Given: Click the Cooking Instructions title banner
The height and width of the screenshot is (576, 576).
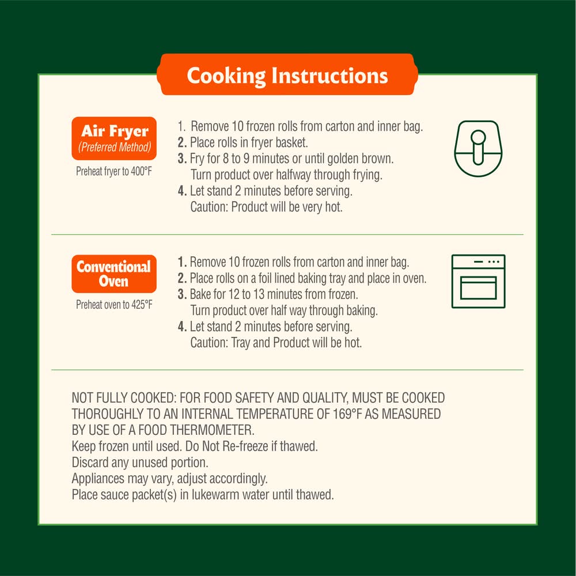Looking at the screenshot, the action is tap(287, 74).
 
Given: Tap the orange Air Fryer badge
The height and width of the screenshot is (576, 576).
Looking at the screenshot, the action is tap(114, 138).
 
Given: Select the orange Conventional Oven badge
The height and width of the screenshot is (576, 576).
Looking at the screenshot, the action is tap(114, 274).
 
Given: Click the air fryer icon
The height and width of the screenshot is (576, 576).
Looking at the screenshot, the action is tap(478, 149).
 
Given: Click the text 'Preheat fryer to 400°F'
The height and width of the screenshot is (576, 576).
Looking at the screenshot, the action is tap(114, 171).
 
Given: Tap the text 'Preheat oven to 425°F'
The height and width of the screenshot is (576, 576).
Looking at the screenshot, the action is tap(114, 305).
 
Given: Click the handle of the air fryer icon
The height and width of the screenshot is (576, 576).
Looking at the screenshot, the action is tap(478, 147).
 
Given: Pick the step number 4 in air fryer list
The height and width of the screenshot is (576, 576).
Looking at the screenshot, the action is tap(182, 191).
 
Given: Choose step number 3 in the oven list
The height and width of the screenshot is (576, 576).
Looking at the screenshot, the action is tap(182, 294).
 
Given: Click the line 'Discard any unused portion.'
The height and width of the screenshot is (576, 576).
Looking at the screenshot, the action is tap(140, 462).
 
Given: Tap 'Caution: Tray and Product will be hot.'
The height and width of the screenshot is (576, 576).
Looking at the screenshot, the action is tap(276, 343).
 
